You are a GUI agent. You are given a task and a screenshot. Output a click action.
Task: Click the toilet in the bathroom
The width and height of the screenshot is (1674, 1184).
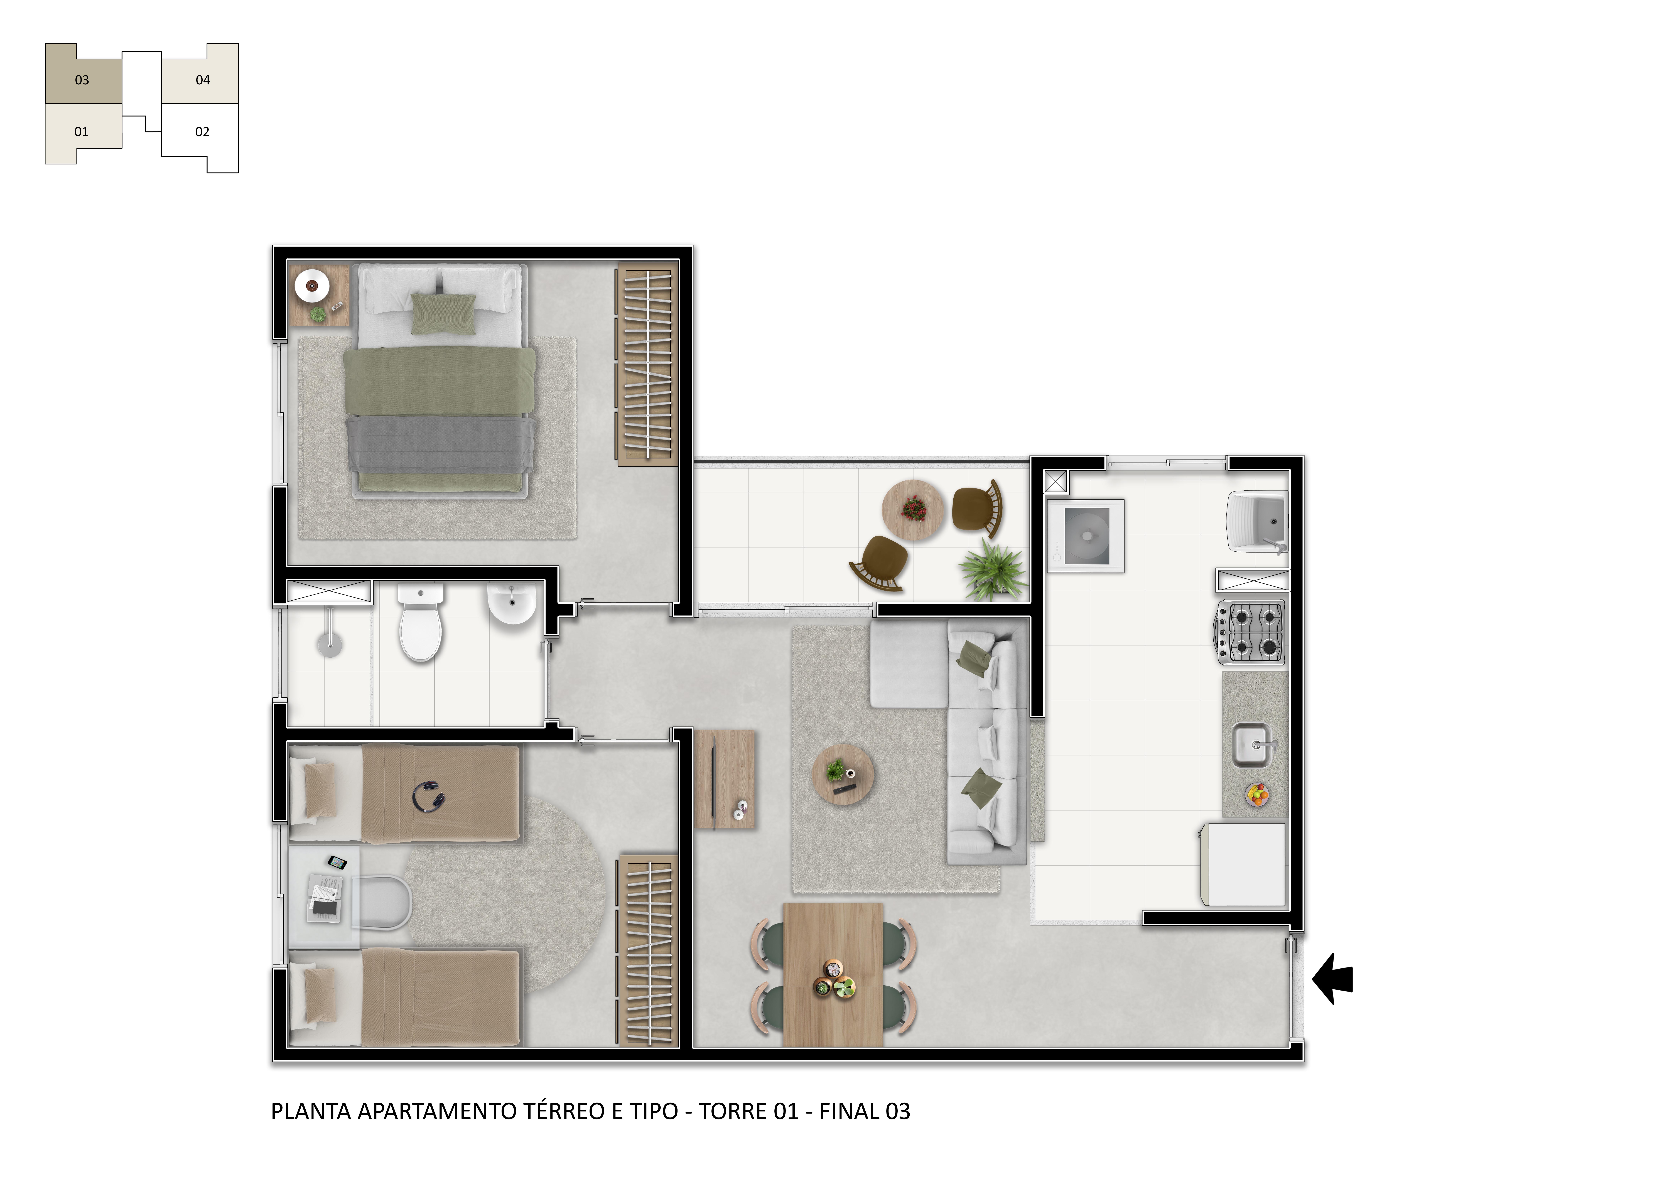(x=421, y=622)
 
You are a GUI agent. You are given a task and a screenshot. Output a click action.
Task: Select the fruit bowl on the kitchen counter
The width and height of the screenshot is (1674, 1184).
(x=1257, y=795)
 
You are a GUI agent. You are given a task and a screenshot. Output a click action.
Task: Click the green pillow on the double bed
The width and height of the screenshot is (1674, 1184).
(x=443, y=313)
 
